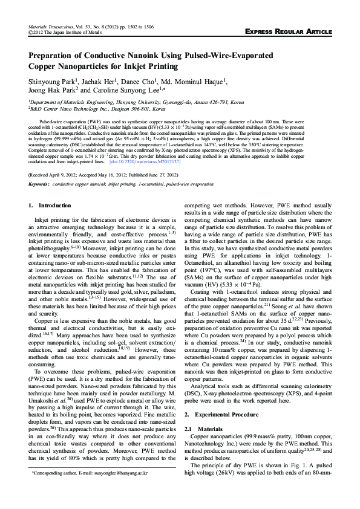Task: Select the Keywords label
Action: coord(39,183)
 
